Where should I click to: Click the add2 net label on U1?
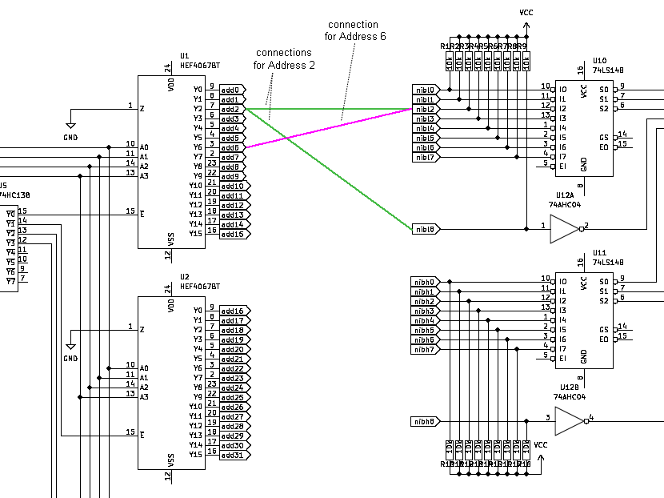tap(231, 109)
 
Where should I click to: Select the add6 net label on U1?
tap(231, 147)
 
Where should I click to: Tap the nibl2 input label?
tap(425, 109)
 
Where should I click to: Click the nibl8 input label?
tap(425, 229)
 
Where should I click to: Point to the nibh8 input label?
tap(425, 421)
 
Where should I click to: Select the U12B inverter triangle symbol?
tap(569, 421)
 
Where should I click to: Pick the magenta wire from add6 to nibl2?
tap(336, 127)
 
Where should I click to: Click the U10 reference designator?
tap(599, 60)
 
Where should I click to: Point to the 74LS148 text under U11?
tap(607, 262)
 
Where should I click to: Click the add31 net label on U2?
tap(233, 455)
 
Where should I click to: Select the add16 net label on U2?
tap(233, 311)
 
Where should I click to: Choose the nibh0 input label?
tap(425, 282)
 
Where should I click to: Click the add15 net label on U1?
tap(233, 234)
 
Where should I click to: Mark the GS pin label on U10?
tap(604, 138)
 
